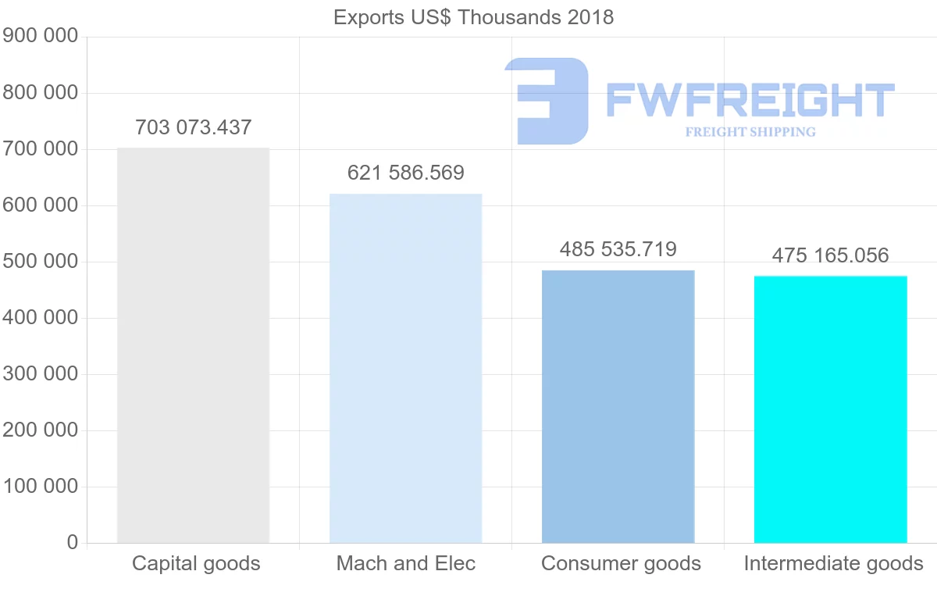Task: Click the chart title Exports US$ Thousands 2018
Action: click(x=473, y=16)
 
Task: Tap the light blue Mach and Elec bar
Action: click(x=405, y=368)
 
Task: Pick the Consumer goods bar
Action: click(x=618, y=406)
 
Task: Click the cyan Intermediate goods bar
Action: click(x=830, y=409)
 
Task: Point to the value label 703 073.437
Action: click(x=193, y=127)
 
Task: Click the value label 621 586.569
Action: click(x=405, y=172)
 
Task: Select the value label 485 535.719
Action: click(x=618, y=249)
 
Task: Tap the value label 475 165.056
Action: click(x=830, y=255)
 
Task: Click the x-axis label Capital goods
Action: click(x=196, y=563)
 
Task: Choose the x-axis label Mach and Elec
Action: click(x=405, y=563)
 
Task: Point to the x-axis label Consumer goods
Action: click(x=621, y=563)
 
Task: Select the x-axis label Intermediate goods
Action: click(x=833, y=563)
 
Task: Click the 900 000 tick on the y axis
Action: click(x=41, y=36)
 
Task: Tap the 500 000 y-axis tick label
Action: click(x=41, y=262)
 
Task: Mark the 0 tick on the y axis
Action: click(x=73, y=543)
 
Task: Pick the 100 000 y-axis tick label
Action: click(x=41, y=487)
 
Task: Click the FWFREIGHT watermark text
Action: click(x=750, y=101)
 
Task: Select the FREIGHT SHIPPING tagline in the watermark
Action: click(x=750, y=132)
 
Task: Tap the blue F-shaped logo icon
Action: click(x=547, y=101)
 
